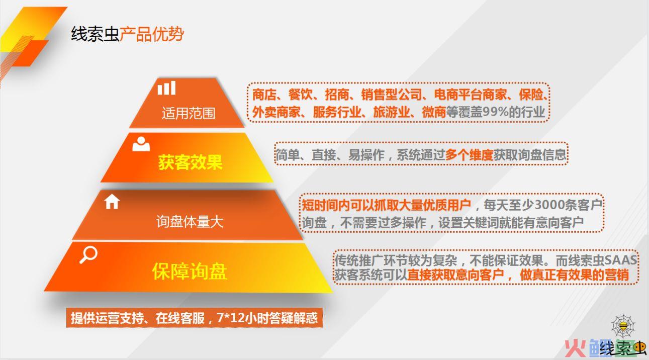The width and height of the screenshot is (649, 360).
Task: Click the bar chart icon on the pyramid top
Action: (x=166, y=88)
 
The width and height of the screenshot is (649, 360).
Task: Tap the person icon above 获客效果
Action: (x=141, y=144)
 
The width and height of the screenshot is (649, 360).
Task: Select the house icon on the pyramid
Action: (x=112, y=202)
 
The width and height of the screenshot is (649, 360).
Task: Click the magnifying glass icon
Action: (x=88, y=255)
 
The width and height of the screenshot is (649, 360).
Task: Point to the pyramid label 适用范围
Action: (x=189, y=113)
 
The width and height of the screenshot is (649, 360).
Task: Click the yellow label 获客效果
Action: (x=191, y=162)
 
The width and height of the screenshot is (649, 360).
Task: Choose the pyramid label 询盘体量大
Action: (x=190, y=222)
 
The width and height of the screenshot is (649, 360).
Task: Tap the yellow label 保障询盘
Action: (x=190, y=272)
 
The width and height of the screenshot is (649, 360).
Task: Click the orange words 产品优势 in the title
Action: (x=151, y=34)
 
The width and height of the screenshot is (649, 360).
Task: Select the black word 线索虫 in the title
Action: (x=95, y=34)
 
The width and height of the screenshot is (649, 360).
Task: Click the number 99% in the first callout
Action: (x=495, y=112)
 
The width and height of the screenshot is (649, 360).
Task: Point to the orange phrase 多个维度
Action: (x=469, y=155)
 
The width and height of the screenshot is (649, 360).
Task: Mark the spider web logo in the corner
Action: (x=623, y=327)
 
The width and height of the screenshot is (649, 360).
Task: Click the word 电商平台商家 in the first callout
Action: (x=470, y=95)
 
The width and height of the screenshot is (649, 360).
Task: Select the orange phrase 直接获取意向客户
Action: (x=455, y=275)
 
